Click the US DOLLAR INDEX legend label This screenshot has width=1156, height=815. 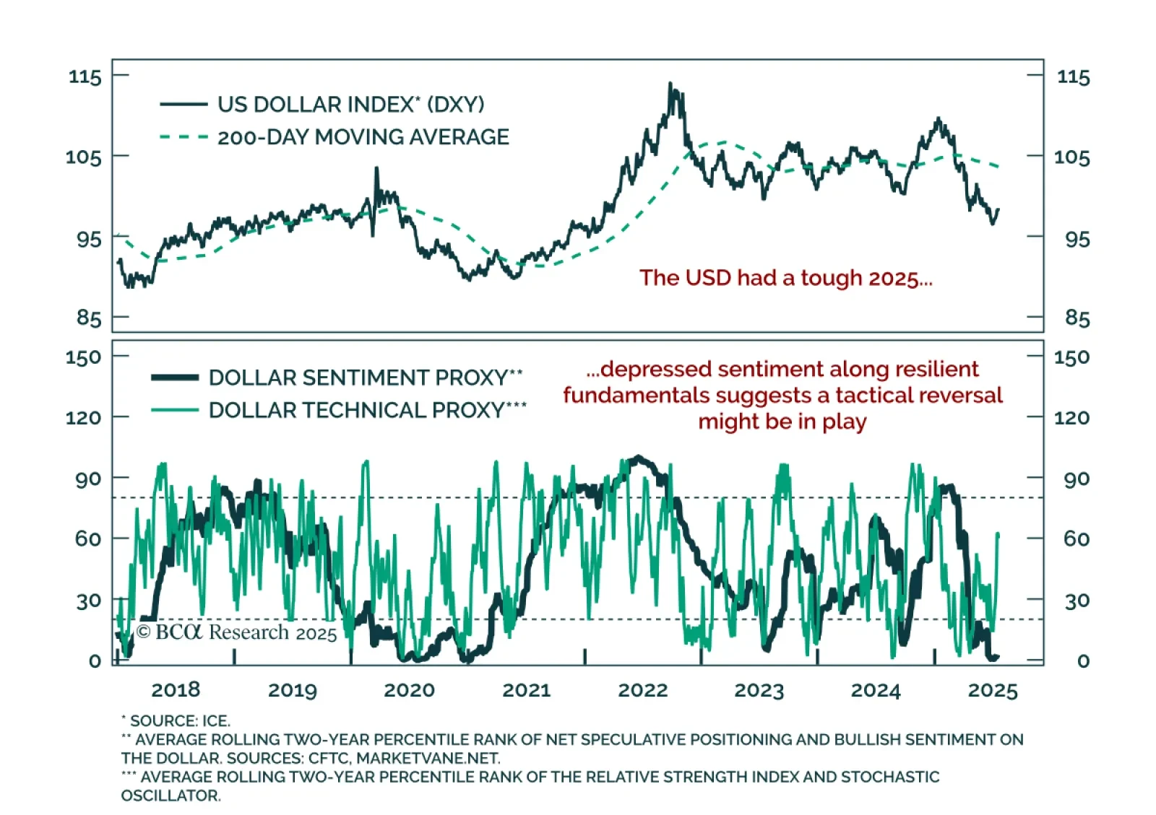350,105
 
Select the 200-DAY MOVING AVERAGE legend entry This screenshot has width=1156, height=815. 363,137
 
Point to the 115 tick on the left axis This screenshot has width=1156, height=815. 85,77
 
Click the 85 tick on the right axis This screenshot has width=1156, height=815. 1077,318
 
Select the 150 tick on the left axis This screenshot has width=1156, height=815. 83,357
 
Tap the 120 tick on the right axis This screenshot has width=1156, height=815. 1071,418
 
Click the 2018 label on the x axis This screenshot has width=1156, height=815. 176,690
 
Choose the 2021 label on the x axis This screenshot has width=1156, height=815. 526,690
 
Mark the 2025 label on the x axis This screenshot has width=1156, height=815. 992,691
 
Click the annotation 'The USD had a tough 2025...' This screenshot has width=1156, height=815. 785,278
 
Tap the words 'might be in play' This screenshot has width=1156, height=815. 782,422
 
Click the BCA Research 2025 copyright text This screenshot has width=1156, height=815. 236,632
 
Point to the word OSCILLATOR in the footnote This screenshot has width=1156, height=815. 171,796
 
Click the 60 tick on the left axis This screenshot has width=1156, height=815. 87,539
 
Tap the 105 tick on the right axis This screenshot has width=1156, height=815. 1071,157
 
